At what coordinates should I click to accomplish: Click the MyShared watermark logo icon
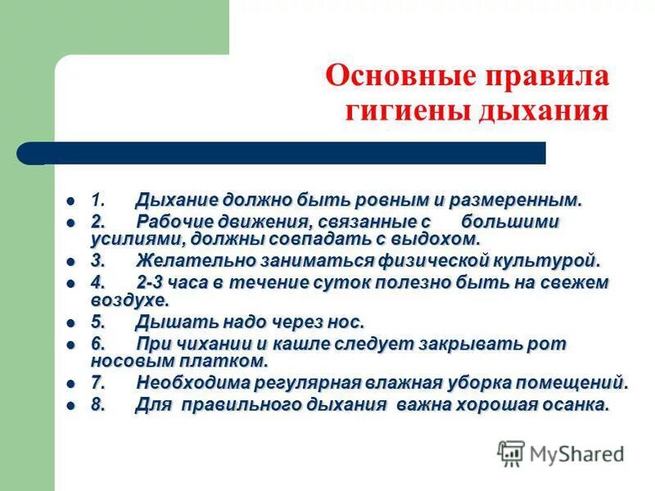click(x=512, y=453)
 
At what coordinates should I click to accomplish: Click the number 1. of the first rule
click(x=97, y=200)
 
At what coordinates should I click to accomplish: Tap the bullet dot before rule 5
click(x=70, y=322)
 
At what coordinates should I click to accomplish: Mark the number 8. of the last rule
click(x=97, y=405)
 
